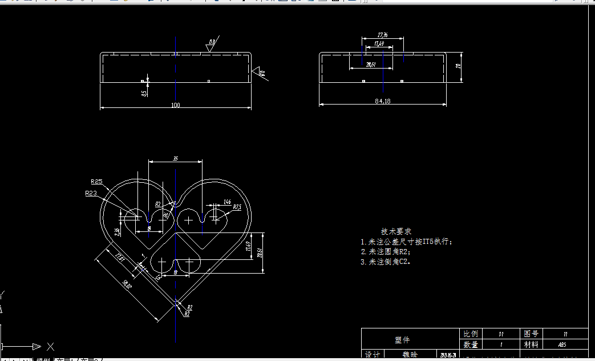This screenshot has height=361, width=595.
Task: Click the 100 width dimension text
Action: click(x=175, y=105)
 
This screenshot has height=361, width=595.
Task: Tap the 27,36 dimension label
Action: click(x=383, y=35)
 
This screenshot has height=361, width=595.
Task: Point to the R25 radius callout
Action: click(x=96, y=182)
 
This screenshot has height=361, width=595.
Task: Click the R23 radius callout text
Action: click(x=91, y=194)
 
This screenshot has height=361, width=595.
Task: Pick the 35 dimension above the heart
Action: click(x=175, y=159)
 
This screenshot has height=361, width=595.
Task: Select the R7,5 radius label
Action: click(x=237, y=207)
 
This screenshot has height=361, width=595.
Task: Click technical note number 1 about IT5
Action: click(x=406, y=242)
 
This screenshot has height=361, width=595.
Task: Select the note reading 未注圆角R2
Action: click(x=386, y=251)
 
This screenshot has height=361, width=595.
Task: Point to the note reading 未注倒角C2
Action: click(x=386, y=262)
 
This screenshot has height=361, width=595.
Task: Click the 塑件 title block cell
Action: click(x=402, y=339)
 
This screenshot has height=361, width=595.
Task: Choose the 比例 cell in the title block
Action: click(x=471, y=334)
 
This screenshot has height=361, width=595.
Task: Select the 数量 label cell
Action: click(x=471, y=345)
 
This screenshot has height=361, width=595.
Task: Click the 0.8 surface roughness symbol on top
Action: click(x=211, y=45)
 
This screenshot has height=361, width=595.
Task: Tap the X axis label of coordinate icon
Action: click(x=50, y=346)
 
